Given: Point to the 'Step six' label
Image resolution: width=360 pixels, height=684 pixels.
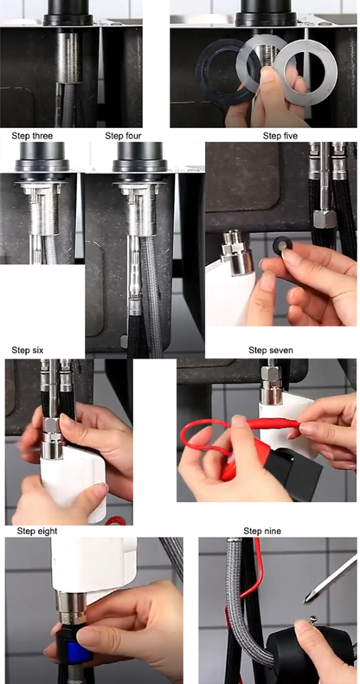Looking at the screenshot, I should point(27,351).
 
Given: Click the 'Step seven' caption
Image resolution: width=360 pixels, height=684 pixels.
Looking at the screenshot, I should point(270,351).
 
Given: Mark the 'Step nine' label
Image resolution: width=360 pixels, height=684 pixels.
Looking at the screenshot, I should point(264,530).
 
